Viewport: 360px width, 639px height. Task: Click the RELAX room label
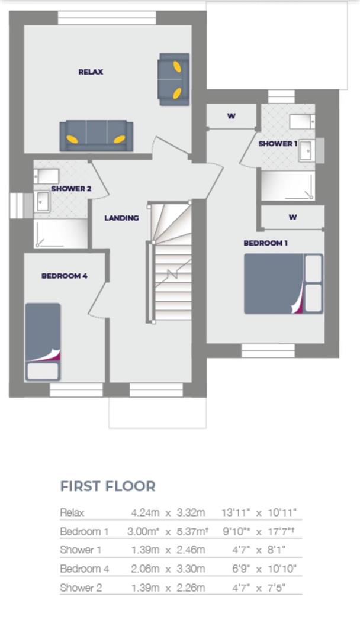pos(91,72)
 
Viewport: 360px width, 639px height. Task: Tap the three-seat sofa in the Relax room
pos(96,135)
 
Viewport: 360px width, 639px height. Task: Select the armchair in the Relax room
pos(173,79)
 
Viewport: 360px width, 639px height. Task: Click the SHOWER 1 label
pos(278,144)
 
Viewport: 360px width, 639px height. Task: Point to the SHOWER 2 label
pos(71,189)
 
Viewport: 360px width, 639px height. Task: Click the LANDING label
pos(121,218)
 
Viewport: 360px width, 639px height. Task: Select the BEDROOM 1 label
pos(266,243)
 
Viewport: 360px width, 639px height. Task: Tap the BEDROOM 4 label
pos(65,276)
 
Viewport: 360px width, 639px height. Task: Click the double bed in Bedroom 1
pos(283,284)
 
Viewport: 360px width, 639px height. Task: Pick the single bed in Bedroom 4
pos(43,341)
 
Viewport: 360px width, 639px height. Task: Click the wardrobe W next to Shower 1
pos(231,116)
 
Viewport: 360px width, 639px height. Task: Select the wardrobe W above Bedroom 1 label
pos(292,217)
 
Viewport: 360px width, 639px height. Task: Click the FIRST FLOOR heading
pos(108,486)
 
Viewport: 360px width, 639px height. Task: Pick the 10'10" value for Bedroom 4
pos(281,569)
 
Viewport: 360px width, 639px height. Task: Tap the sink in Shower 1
pos(307,150)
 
